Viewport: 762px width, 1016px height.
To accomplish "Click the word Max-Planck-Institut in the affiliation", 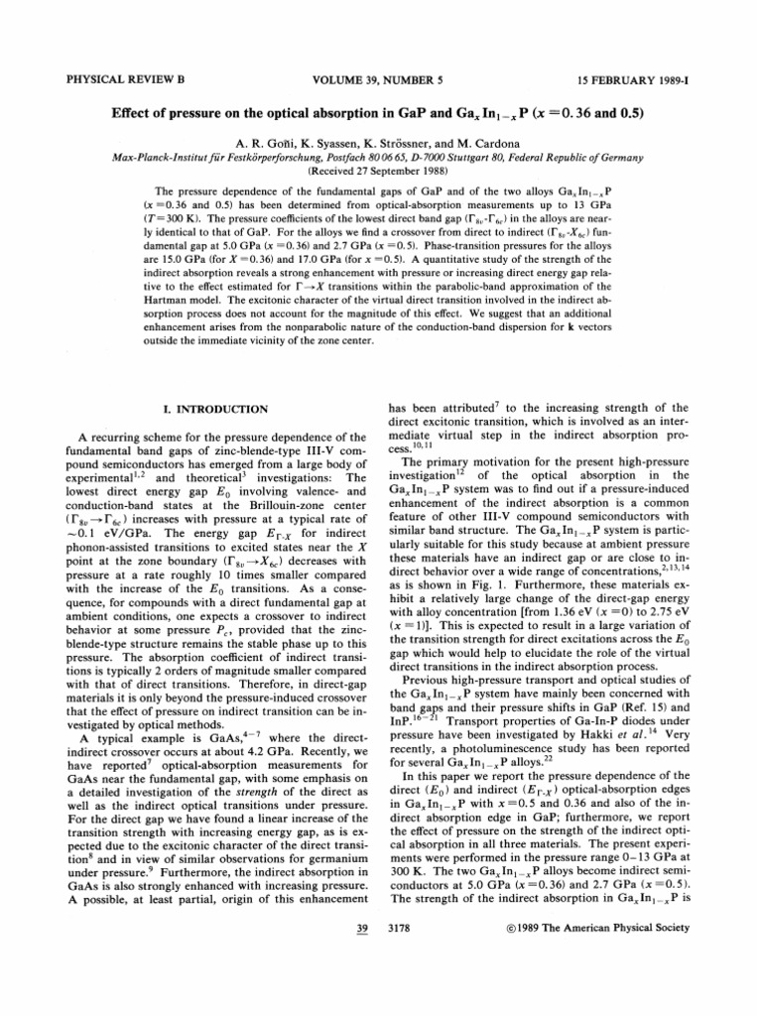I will [x=151, y=157].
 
